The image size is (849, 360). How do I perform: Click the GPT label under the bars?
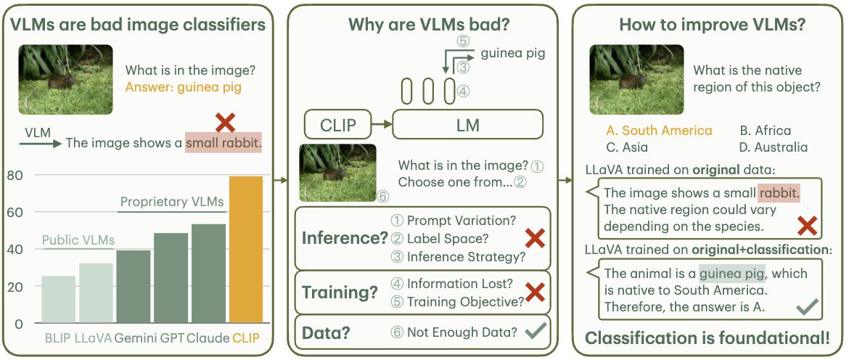171,337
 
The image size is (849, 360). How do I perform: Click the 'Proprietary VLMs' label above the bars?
172,202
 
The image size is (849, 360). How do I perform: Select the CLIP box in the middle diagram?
338,125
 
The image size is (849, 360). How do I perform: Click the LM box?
467,125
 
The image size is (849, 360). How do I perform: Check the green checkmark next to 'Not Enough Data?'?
535,332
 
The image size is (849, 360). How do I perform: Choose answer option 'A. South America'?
659,131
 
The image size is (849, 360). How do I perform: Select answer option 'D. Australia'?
774,147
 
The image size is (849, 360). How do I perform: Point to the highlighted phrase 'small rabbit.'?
223,143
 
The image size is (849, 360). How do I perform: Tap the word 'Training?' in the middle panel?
340,292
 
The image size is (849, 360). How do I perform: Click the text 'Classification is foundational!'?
707,338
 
